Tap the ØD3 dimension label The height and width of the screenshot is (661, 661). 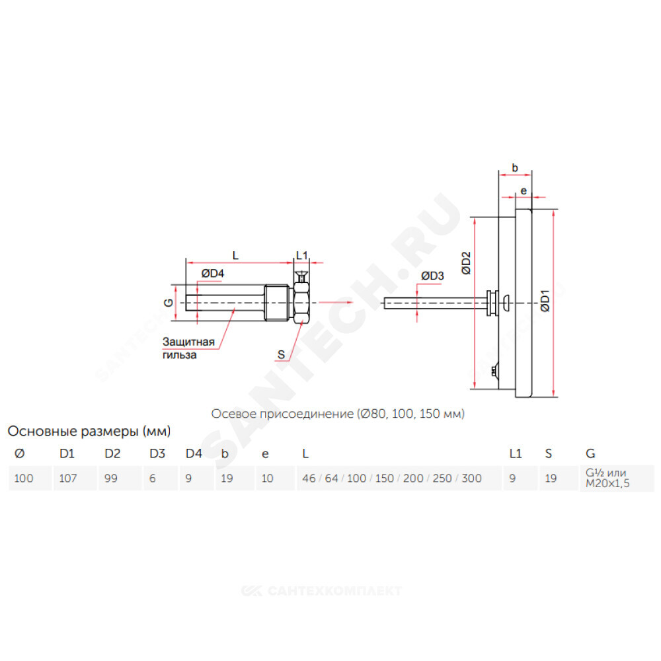(432, 276)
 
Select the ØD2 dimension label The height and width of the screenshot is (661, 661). (466, 263)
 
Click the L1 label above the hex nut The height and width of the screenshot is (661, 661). (301, 254)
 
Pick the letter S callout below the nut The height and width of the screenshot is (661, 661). (281, 355)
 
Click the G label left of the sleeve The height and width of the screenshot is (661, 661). (169, 303)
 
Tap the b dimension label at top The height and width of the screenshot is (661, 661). (514, 168)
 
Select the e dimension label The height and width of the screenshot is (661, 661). (524, 190)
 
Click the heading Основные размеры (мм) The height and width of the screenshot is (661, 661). (89, 432)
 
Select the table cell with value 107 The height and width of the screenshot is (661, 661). (69, 478)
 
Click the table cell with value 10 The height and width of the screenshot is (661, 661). (267, 478)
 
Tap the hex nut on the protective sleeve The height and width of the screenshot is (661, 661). (301, 303)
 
